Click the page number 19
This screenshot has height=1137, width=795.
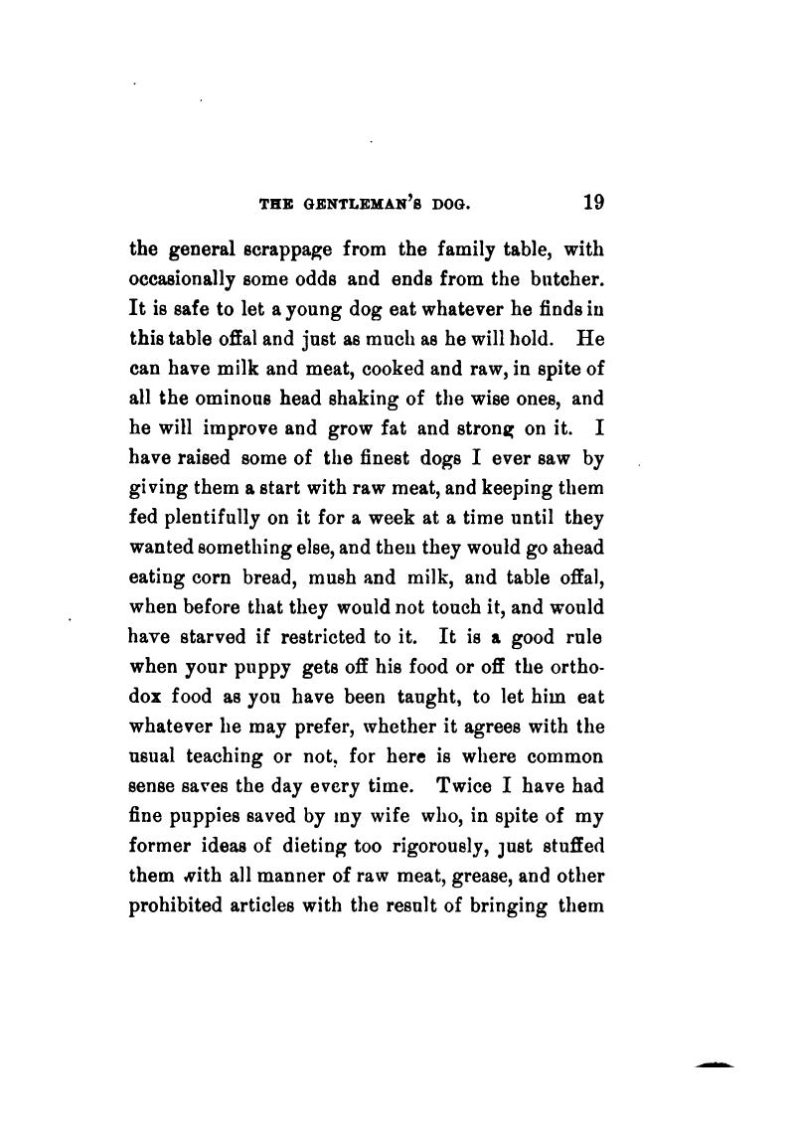(x=593, y=203)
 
